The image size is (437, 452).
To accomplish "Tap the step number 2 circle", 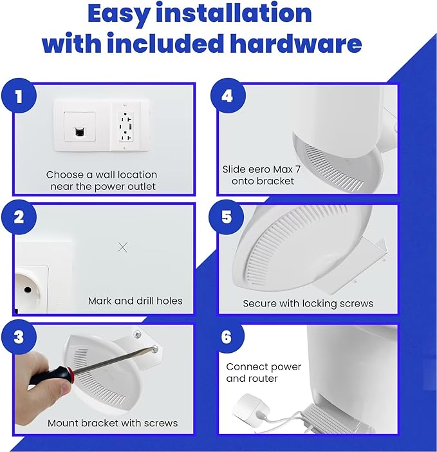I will coord(19,216).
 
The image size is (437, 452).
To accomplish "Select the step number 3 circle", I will coord(19,337).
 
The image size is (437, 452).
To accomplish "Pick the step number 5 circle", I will coord(227,216).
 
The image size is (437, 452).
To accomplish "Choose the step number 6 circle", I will coord(227,337).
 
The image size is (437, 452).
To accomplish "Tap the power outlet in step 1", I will coord(126,126).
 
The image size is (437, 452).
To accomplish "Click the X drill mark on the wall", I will coord(124,247).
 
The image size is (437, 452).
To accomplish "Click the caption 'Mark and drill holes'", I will coord(135,301).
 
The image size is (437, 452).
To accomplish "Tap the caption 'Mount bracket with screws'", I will coord(113,423).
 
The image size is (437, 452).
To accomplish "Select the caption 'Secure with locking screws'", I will coord(308,303).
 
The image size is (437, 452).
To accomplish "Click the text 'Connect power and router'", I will coord(263,372).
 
